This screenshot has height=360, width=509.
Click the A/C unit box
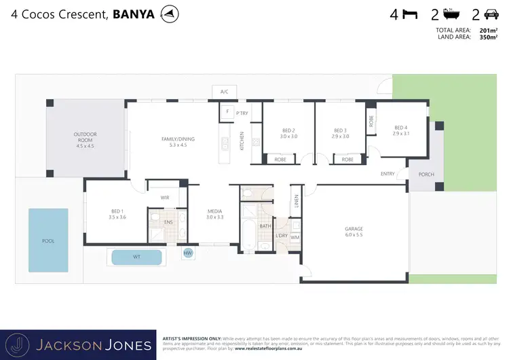pos(223,91)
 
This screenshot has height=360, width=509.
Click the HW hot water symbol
pos(187,253)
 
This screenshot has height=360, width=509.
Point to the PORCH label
pos(426,175)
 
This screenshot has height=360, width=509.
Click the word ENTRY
pos(388,174)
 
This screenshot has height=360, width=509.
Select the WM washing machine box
pos(295,237)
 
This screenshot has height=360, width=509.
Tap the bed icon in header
pos(409,14)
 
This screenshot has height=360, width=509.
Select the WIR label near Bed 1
pos(164,198)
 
